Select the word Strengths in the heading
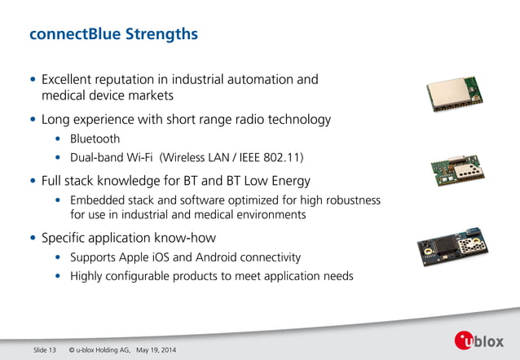point(161,35)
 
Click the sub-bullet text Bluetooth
point(95,138)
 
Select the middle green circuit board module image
point(457,169)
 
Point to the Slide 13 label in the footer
point(44,350)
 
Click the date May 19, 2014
point(155,350)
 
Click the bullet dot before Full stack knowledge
point(33,181)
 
